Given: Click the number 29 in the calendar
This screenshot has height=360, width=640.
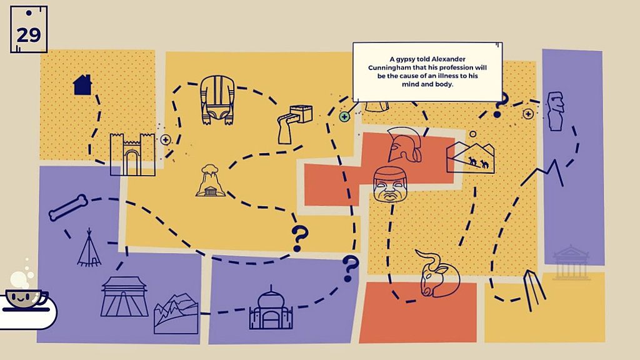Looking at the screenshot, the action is (29, 35).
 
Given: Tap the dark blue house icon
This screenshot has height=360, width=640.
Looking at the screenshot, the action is (82, 84).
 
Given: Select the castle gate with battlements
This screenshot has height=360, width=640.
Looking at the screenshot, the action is (132, 154).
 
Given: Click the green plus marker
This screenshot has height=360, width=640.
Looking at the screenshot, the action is (344, 117).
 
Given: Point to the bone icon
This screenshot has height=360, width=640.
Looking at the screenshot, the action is (68, 207).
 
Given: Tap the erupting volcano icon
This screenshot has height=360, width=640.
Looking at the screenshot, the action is (210, 181).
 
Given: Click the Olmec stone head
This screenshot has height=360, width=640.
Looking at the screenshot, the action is (390, 184).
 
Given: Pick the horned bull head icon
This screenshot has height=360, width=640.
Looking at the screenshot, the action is (438, 272).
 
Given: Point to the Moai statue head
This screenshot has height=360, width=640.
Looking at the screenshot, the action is (556, 111).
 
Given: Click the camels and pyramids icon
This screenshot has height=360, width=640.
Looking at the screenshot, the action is (470, 157).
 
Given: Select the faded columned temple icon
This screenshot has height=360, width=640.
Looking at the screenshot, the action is (571, 262).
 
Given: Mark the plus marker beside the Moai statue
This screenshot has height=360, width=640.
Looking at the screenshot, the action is (528, 114).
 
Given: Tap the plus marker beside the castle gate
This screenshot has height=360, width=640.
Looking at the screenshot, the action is (165, 140).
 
